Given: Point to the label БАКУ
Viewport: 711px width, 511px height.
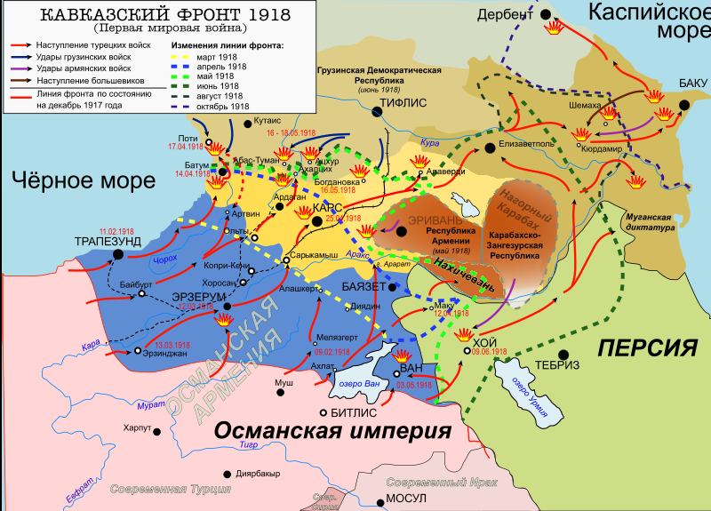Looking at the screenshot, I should pyautogui.click(x=692, y=83).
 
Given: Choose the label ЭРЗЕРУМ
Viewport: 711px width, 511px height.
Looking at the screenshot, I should pyautogui.click(x=188, y=295).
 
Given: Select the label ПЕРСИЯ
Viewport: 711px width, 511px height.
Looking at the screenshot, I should pyautogui.click(x=646, y=347).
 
